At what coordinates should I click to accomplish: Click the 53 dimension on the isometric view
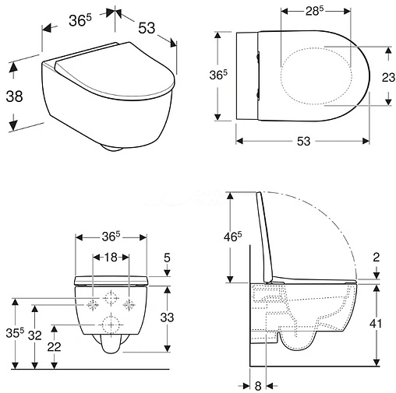click(x=144, y=26)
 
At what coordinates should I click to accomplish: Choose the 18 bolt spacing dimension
click(x=111, y=258)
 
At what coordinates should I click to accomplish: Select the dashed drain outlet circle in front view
click(x=111, y=323)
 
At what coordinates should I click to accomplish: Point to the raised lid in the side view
click(x=265, y=233)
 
